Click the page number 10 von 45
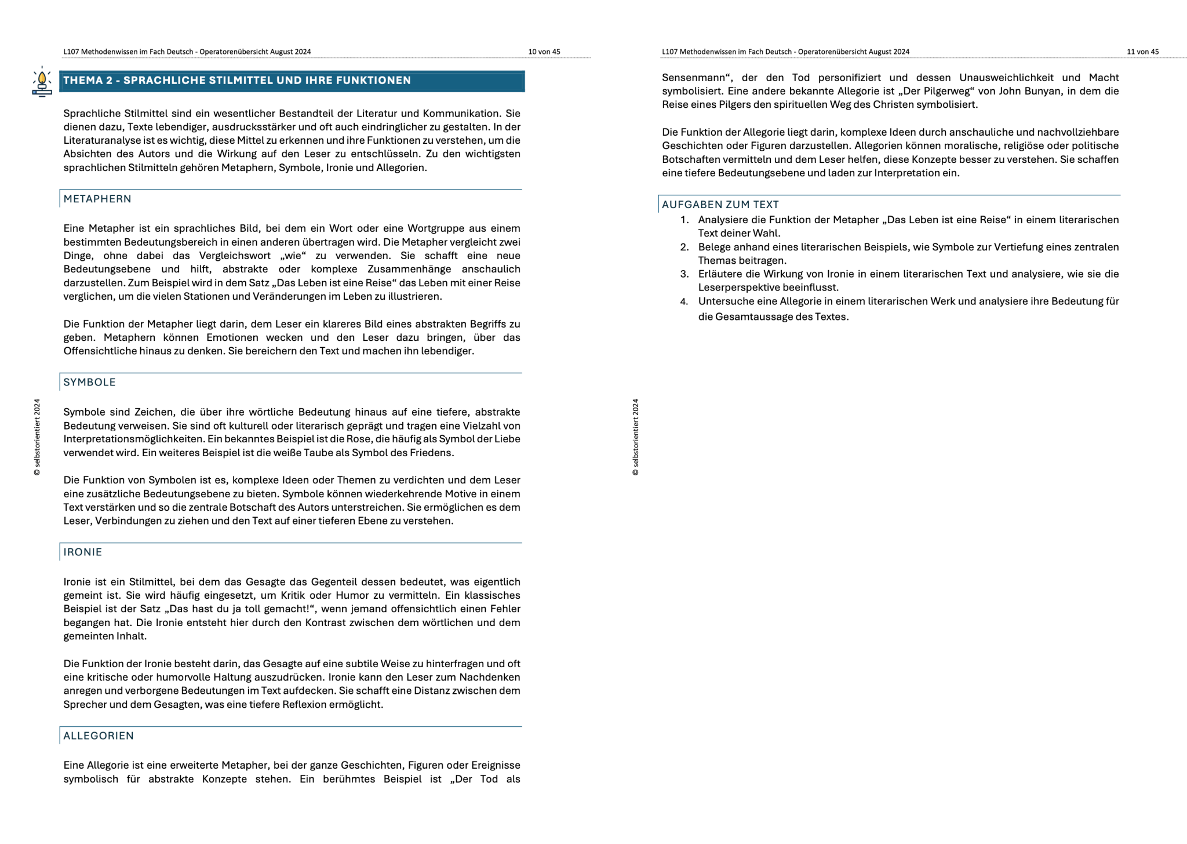coord(544,52)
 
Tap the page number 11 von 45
coord(1142,52)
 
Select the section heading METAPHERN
coord(97,199)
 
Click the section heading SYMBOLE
coord(89,382)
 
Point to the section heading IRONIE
coord(82,552)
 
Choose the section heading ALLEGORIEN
coord(99,736)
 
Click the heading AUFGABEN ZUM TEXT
coord(720,205)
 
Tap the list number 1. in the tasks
coord(684,220)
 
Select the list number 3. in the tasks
coord(684,274)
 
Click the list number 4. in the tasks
coord(684,301)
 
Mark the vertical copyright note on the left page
coord(37,437)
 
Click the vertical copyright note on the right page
coord(635,437)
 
